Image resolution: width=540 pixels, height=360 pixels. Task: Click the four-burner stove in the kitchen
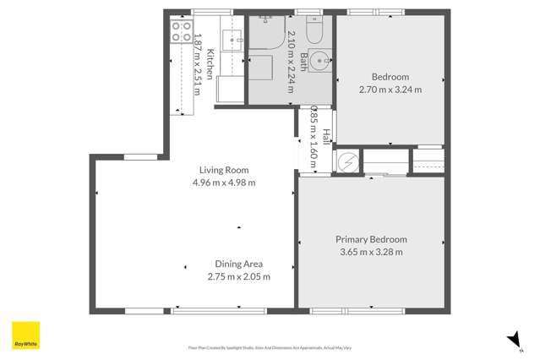coord(182,32)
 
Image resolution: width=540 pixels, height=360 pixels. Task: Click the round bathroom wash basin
coord(319,61)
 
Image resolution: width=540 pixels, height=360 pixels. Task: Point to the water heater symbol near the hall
coord(346,161)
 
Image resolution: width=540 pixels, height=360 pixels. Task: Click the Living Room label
coord(223,170)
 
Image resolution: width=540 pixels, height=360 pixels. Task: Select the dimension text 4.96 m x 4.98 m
coord(223,183)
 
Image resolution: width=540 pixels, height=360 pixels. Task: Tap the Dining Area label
coord(239,264)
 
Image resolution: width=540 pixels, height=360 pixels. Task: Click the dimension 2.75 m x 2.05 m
coord(239,276)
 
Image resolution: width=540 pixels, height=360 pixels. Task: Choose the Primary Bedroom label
coord(371,239)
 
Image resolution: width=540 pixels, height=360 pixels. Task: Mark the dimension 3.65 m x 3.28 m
coord(371,252)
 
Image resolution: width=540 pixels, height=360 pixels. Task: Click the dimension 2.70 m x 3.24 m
coord(390,89)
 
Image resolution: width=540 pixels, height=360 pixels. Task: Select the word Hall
coord(326,136)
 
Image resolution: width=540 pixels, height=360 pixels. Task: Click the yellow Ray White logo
coord(25,335)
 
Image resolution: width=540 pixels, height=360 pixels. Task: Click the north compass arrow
coord(513,339)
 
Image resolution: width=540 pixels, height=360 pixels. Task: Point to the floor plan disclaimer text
coord(270,347)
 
